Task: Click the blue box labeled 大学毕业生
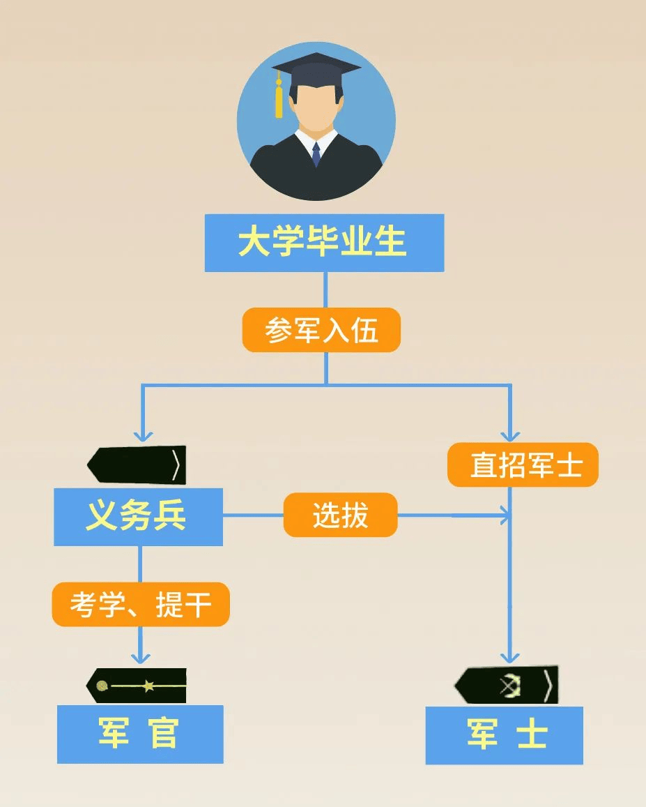[x=324, y=243]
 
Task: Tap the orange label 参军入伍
[x=321, y=330]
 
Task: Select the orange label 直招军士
[x=523, y=465]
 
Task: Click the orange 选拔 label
[x=340, y=515]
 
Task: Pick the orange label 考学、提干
[x=141, y=604]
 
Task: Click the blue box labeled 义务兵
[x=138, y=517]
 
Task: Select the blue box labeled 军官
[x=140, y=734]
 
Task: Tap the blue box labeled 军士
[x=504, y=735]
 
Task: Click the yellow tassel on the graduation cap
[x=279, y=101]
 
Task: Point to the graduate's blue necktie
[x=316, y=154]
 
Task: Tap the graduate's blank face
[x=316, y=112]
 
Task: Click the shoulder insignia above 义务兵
[x=137, y=465]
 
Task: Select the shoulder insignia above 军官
[x=137, y=686]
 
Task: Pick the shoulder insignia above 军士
[x=507, y=685]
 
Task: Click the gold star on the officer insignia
[x=148, y=686]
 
